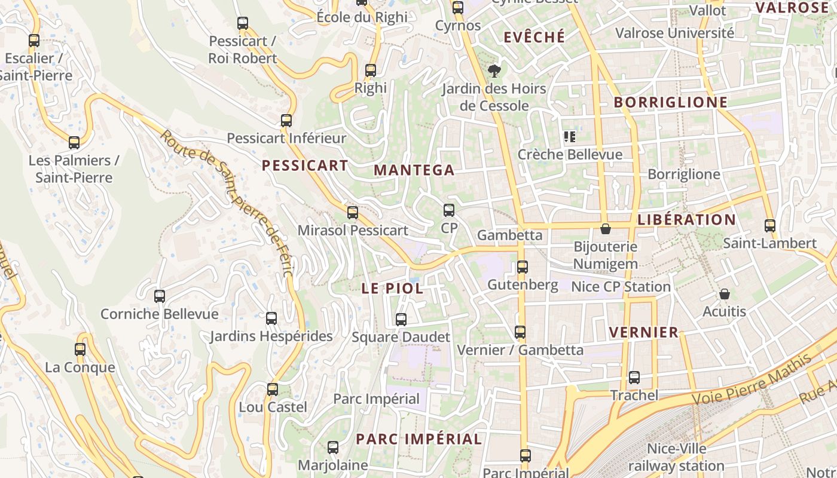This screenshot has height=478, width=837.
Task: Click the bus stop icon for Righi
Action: click(x=371, y=71)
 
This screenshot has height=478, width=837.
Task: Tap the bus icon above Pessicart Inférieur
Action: click(x=286, y=121)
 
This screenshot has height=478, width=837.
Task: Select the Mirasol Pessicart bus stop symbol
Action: click(x=353, y=213)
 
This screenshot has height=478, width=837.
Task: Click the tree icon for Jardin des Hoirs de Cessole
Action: click(x=494, y=72)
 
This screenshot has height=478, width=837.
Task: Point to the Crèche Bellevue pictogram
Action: click(x=569, y=137)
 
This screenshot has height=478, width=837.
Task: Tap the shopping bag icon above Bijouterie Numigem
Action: click(x=606, y=229)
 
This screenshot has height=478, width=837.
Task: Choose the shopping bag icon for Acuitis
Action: click(x=725, y=294)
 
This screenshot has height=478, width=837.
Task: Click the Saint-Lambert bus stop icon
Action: click(x=770, y=226)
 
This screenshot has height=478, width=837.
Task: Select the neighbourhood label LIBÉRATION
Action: click(x=687, y=219)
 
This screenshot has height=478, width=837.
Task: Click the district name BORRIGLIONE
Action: click(x=671, y=102)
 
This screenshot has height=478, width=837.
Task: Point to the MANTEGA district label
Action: click(x=414, y=170)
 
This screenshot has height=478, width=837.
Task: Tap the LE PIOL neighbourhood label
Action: click(x=392, y=288)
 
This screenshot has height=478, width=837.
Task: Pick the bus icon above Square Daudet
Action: click(x=401, y=320)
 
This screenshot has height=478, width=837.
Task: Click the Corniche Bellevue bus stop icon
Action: click(x=160, y=296)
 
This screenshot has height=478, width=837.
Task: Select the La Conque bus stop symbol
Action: click(x=80, y=350)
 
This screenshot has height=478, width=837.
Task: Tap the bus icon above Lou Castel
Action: click(x=273, y=390)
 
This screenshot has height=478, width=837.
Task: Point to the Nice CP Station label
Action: click(x=621, y=287)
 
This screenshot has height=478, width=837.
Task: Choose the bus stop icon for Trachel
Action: click(x=634, y=378)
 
